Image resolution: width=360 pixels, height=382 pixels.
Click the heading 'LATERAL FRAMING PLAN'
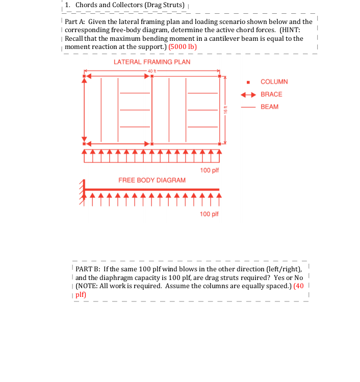click(x=152, y=62)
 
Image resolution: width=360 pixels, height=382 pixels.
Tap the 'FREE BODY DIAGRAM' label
click(x=152, y=180)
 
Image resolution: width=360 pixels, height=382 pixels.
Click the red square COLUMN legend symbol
click(x=248, y=82)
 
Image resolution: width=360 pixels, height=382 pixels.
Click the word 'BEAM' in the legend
click(x=269, y=107)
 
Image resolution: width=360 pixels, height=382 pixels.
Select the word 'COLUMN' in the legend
click(x=274, y=82)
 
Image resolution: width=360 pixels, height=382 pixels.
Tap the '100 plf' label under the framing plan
click(x=209, y=170)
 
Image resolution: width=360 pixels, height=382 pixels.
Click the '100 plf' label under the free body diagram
click(x=209, y=214)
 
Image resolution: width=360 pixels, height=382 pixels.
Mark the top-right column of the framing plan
click(x=220, y=77)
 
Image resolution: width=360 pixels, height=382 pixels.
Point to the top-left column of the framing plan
click(x=85, y=77)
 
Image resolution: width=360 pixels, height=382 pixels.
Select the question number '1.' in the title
click(x=68, y=5)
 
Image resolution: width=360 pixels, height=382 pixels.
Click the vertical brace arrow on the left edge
click(x=85, y=110)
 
